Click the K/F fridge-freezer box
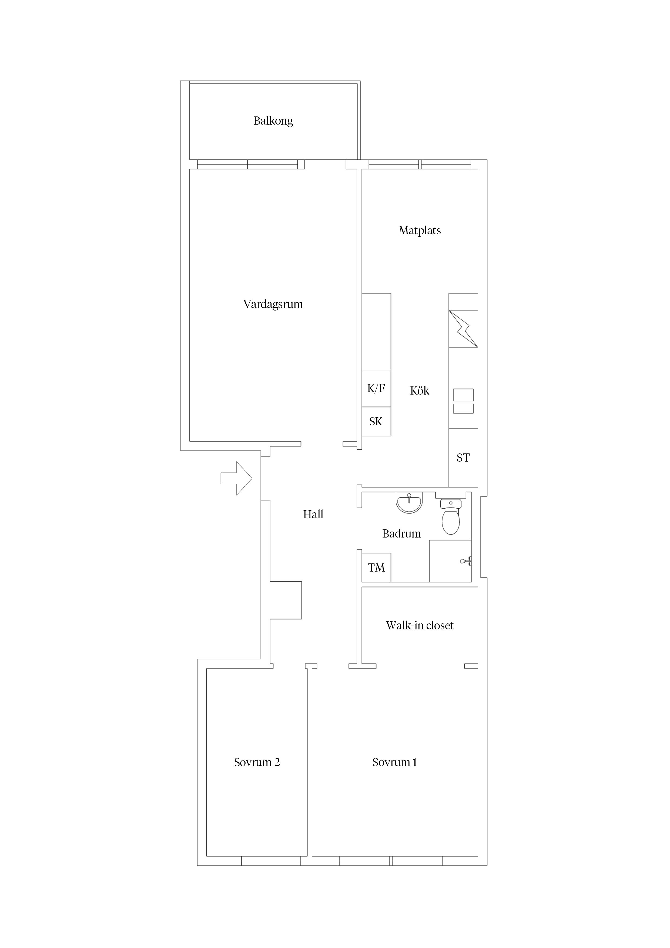376,388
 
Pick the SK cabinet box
376,422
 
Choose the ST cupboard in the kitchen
463,458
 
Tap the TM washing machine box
376,567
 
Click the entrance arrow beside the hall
236,478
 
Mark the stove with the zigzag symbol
463,329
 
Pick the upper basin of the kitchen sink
463,395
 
